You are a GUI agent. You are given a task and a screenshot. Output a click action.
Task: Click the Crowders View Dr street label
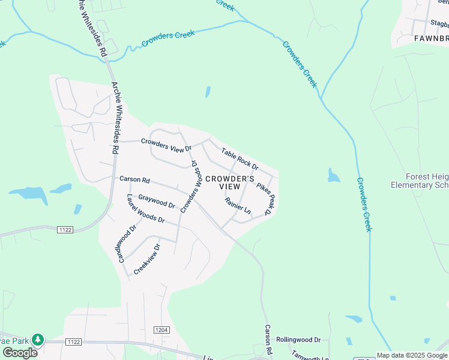(166, 145)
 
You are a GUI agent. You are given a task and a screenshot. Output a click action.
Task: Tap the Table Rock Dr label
(240, 158)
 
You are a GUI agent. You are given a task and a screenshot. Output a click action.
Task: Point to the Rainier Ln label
(238, 205)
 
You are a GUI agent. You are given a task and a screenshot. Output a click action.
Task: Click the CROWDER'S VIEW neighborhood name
(229, 182)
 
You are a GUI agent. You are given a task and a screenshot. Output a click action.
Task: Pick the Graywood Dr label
(156, 201)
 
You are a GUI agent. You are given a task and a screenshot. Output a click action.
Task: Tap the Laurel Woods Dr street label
(145, 209)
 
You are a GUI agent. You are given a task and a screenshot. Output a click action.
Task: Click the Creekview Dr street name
(147, 259)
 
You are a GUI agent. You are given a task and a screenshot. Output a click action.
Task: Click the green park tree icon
(38, 340)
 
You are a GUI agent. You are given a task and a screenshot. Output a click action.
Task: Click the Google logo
(19, 353)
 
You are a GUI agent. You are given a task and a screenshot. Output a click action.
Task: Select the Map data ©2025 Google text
(412, 355)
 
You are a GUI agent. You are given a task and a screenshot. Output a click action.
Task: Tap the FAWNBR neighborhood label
(431, 38)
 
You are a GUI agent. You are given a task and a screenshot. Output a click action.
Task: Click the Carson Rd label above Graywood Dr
(134, 179)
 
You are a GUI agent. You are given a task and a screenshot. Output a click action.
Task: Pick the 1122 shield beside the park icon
(74, 341)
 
